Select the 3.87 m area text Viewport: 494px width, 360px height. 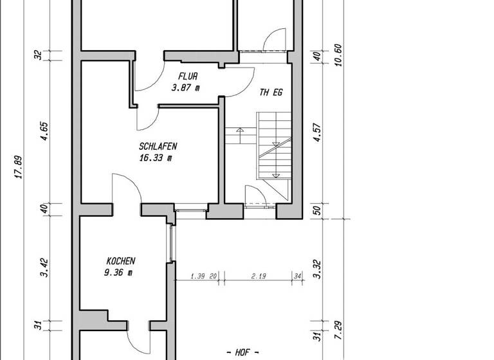pyautogui.click(x=185, y=87)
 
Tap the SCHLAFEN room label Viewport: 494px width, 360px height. pyautogui.click(x=157, y=146)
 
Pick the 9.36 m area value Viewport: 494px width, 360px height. pyautogui.click(x=118, y=272)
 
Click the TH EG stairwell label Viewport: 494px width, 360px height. pyautogui.click(x=271, y=93)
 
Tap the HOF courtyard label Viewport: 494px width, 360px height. pyautogui.click(x=243, y=352)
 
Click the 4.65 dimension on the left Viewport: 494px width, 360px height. pyautogui.click(x=44, y=132)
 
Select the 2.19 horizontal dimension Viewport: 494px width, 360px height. pyautogui.click(x=259, y=276)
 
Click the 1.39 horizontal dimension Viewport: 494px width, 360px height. pyautogui.click(x=200, y=276)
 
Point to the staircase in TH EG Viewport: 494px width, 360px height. pyautogui.click(x=273, y=145)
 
